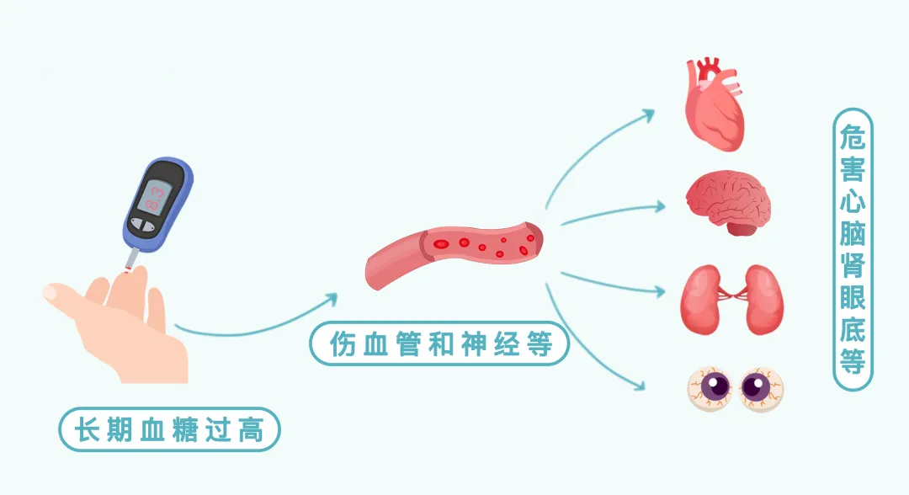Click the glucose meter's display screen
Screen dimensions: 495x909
click(x=157, y=195)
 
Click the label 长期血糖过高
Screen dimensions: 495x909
click(x=168, y=430)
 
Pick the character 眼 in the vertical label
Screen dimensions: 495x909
click(x=852, y=297)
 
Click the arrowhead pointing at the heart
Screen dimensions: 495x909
click(x=650, y=112)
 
